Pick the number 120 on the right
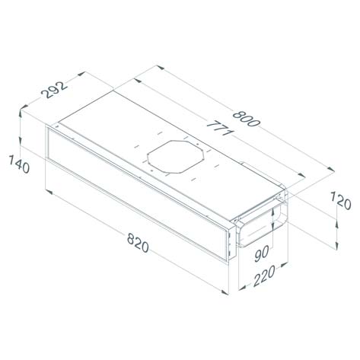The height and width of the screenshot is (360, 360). pos(340,202)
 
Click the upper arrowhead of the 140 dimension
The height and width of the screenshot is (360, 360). pos(22,113)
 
